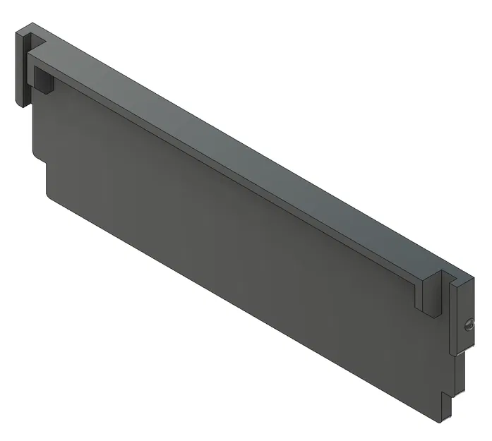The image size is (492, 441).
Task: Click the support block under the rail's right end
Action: click(428, 296)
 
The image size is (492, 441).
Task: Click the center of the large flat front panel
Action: click(233, 240)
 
